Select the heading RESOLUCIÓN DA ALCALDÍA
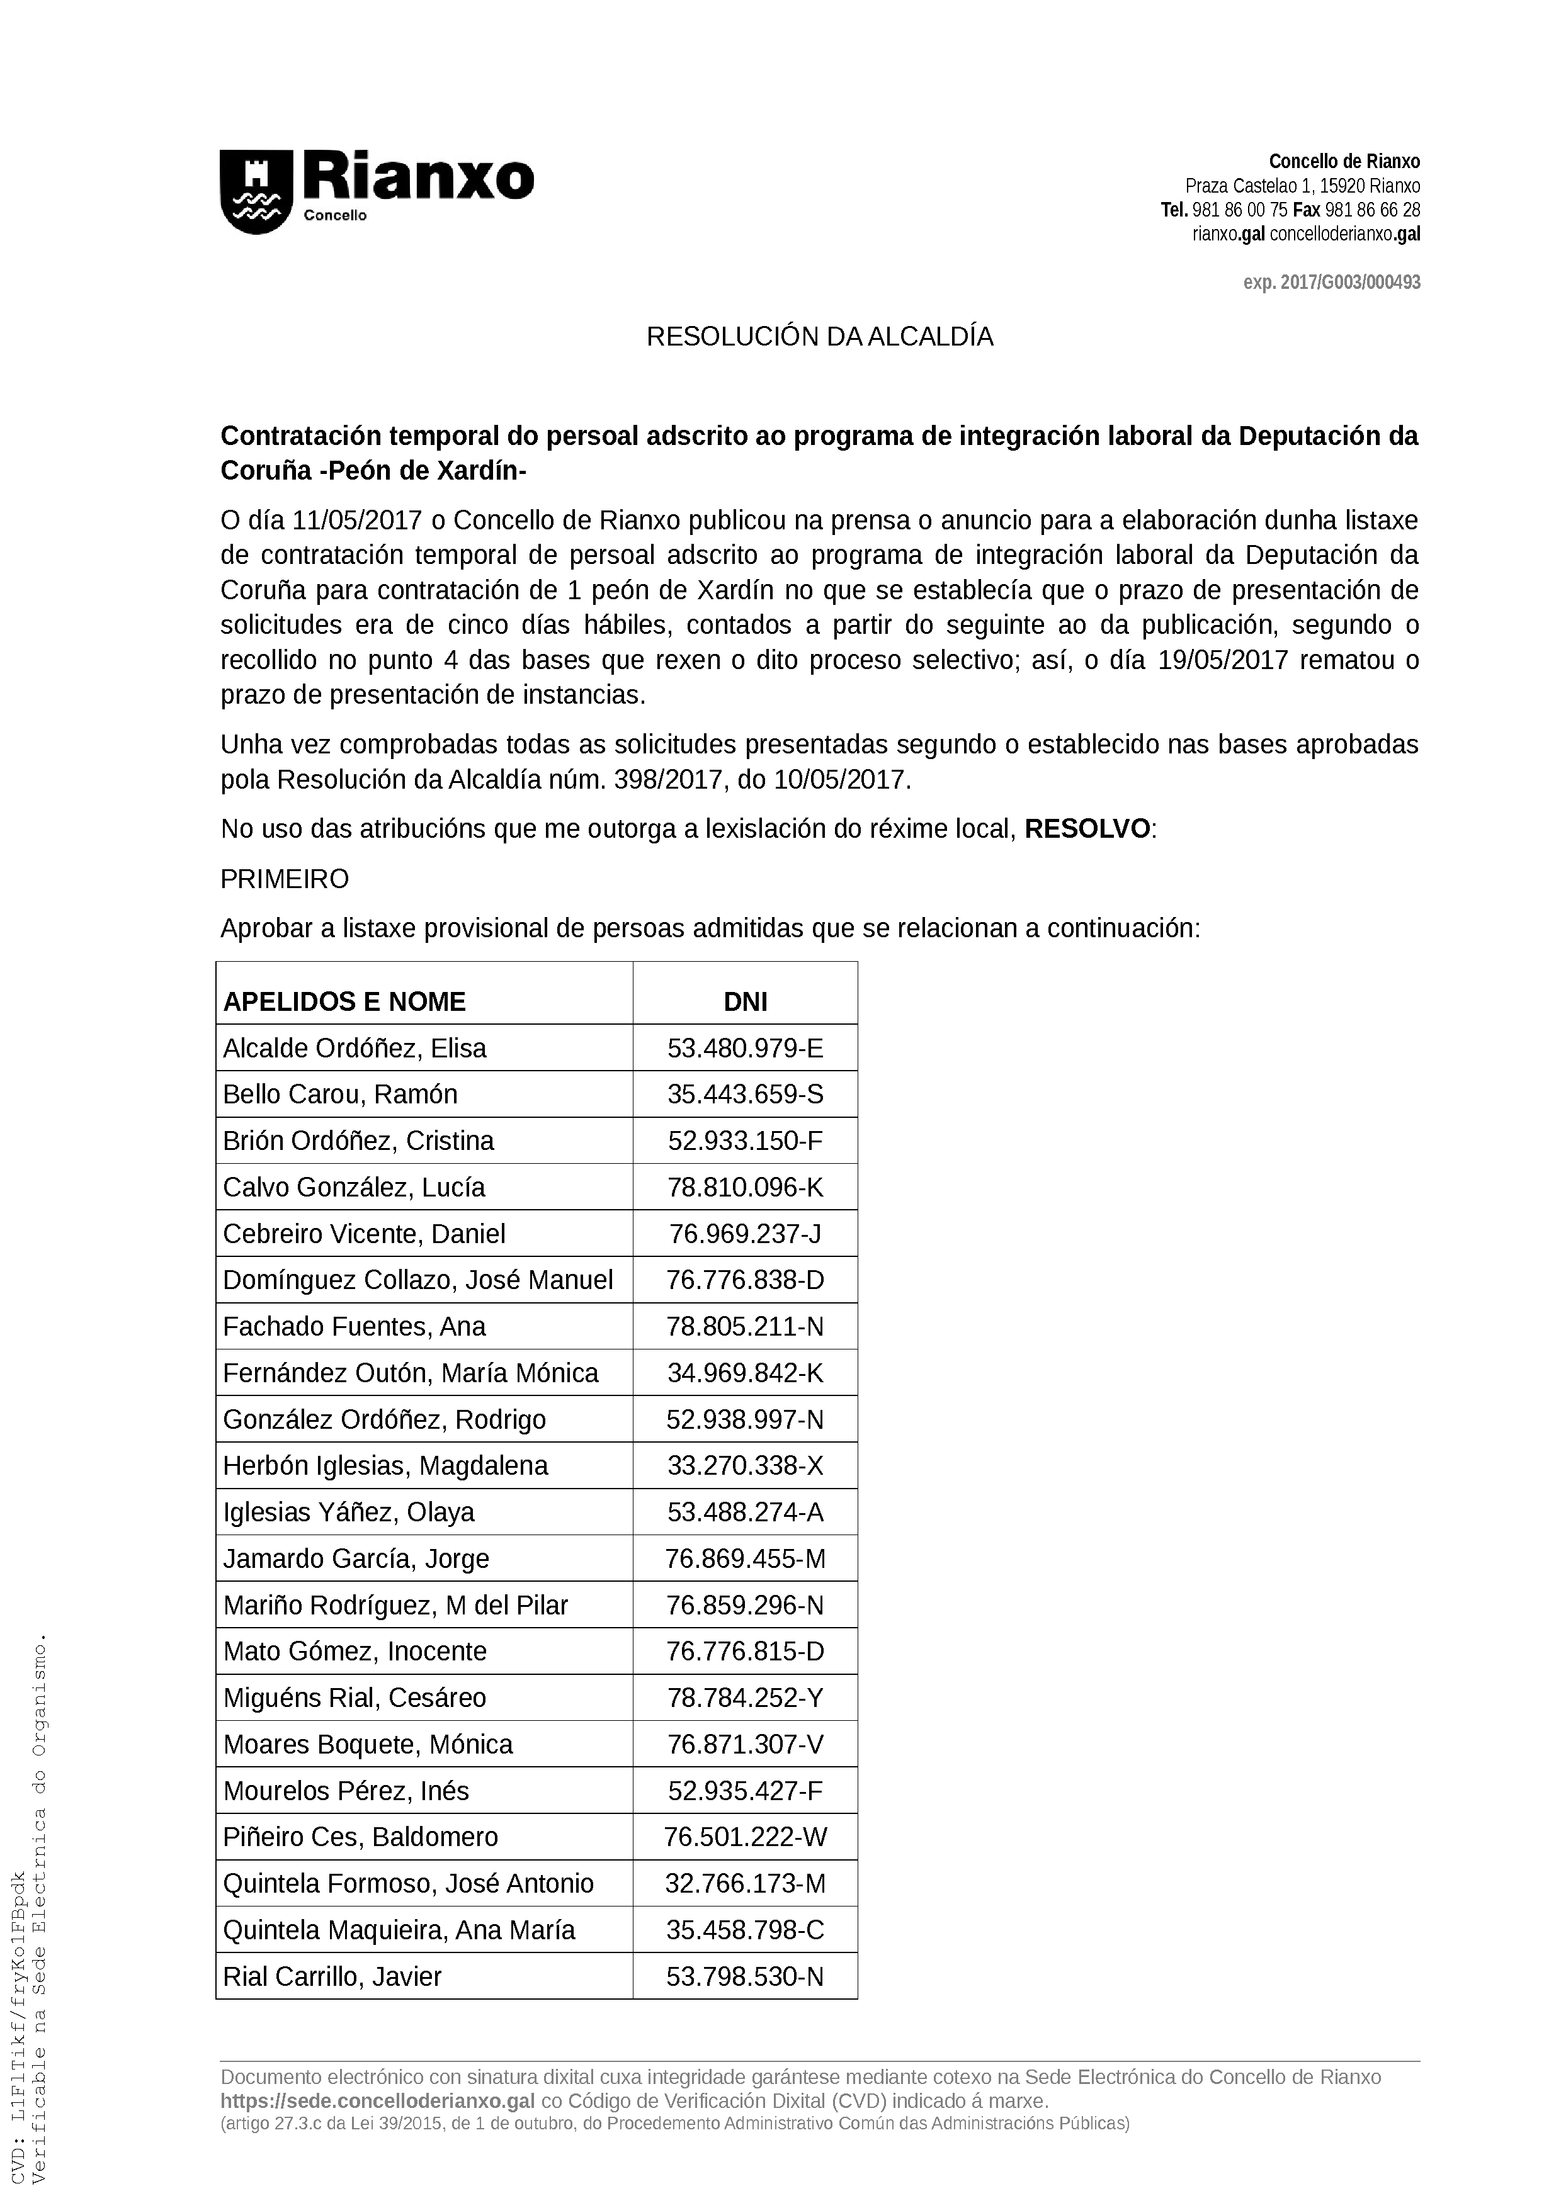[819, 337]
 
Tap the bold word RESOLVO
[1087, 829]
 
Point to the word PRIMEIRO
[285, 879]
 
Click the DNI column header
[746, 1002]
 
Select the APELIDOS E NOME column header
[344, 1002]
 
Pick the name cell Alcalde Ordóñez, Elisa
[355, 1048]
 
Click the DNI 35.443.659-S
[746, 1095]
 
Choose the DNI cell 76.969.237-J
[746, 1234]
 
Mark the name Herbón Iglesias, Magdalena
[385, 1465]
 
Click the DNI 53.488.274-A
[746, 1512]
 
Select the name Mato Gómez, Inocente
[355, 1651]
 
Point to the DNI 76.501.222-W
[746, 1837]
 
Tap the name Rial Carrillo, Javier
[332, 1976]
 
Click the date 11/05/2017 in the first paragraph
[358, 521]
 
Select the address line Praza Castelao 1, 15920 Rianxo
[1302, 186]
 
